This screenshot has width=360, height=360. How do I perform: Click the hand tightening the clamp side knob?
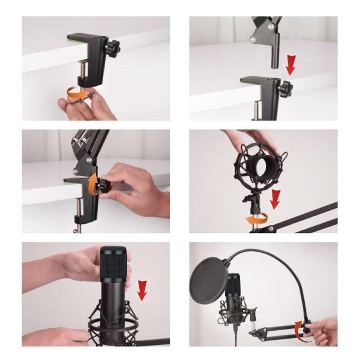click(x=134, y=190)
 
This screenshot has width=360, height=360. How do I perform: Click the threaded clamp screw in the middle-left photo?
click(x=78, y=207)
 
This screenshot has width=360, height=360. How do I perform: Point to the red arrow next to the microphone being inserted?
click(x=142, y=290)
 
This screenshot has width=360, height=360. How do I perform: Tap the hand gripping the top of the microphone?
click(x=81, y=264)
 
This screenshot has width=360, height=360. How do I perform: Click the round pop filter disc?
click(x=208, y=280)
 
